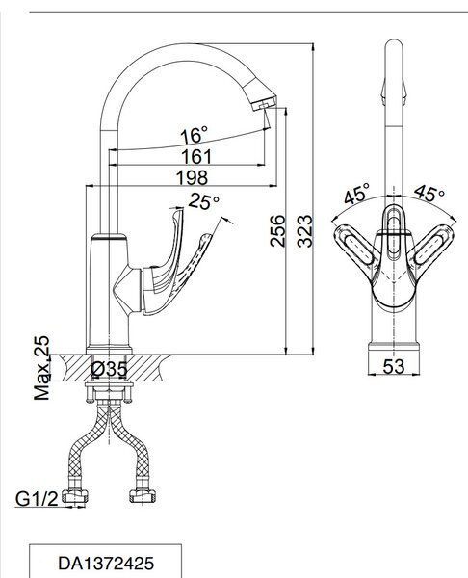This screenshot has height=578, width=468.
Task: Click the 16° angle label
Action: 194,135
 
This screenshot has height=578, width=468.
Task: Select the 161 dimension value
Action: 196,157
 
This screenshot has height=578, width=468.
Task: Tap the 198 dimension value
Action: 192,177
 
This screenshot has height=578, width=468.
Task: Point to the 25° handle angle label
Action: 204,201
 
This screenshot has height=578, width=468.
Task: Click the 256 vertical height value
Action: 277,231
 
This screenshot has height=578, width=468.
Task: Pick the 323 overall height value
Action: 304,231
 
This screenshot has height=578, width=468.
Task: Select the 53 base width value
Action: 394,366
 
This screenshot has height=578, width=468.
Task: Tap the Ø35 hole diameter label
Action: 109,369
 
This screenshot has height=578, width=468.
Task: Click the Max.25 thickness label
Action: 41,368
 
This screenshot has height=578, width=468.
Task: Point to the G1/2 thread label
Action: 37,499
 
